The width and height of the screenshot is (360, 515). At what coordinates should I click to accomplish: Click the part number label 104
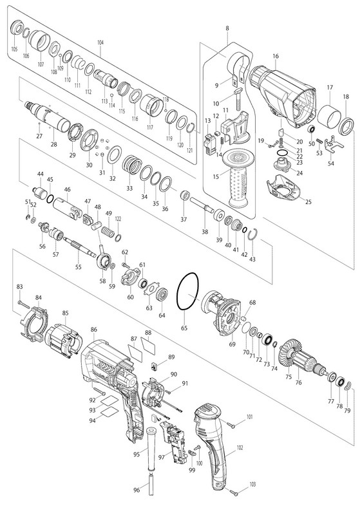pos(100,42)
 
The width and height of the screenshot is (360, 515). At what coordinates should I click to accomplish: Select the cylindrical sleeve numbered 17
pos(330,118)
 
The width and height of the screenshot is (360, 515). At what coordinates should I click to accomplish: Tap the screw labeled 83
pos(25,304)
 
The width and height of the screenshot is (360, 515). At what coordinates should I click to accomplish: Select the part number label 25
pos(308,202)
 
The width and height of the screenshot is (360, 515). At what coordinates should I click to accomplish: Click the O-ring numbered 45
pos(50,199)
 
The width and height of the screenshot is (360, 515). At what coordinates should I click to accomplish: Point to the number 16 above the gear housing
pos(275,56)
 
